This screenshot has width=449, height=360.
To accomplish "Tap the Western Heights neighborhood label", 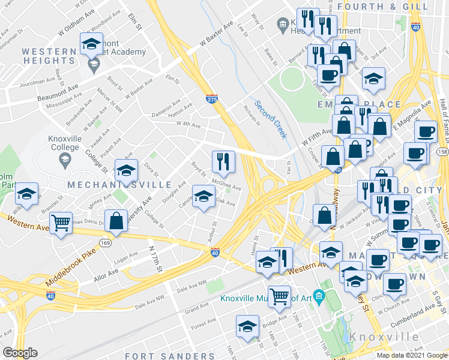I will pyautogui.click(x=48, y=56).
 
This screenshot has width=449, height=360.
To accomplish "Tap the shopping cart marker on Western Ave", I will pyautogui.click(x=61, y=223).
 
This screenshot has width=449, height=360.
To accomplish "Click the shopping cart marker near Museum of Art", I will pyautogui.click(x=279, y=296).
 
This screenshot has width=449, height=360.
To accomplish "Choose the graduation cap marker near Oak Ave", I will pyautogui.click(x=203, y=196).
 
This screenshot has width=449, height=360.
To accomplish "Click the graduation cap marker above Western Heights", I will pyautogui.click(x=91, y=44).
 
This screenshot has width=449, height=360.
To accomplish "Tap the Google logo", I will pyautogui.click(x=20, y=353).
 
